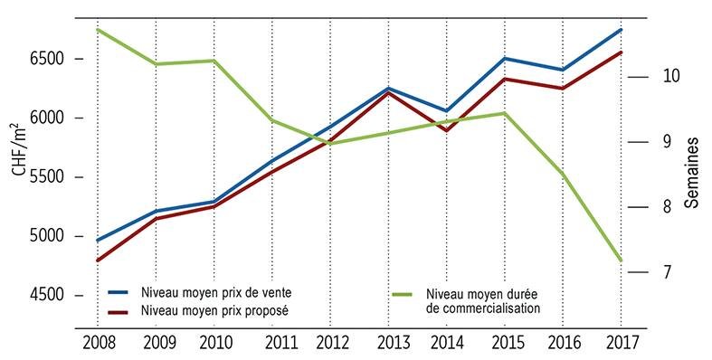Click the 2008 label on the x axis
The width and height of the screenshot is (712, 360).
(x=99, y=343)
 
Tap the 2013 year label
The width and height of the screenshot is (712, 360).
(x=394, y=343)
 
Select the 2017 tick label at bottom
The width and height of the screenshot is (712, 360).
(x=622, y=343)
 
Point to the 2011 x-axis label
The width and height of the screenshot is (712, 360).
(x=281, y=343)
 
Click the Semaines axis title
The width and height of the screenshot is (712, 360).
(x=691, y=173)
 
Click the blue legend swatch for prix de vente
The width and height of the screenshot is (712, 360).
(x=119, y=293)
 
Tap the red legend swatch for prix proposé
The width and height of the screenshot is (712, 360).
(x=119, y=312)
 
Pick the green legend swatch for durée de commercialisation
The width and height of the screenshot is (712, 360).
(x=402, y=295)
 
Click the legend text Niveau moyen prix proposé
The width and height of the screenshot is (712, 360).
(x=214, y=312)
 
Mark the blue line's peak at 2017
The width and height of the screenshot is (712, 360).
(x=622, y=30)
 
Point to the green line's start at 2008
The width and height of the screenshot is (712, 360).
(x=98, y=30)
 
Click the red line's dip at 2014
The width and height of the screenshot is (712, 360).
(x=447, y=131)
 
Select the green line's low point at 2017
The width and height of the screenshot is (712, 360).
(x=622, y=261)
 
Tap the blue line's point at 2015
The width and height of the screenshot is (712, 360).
(x=505, y=58)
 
